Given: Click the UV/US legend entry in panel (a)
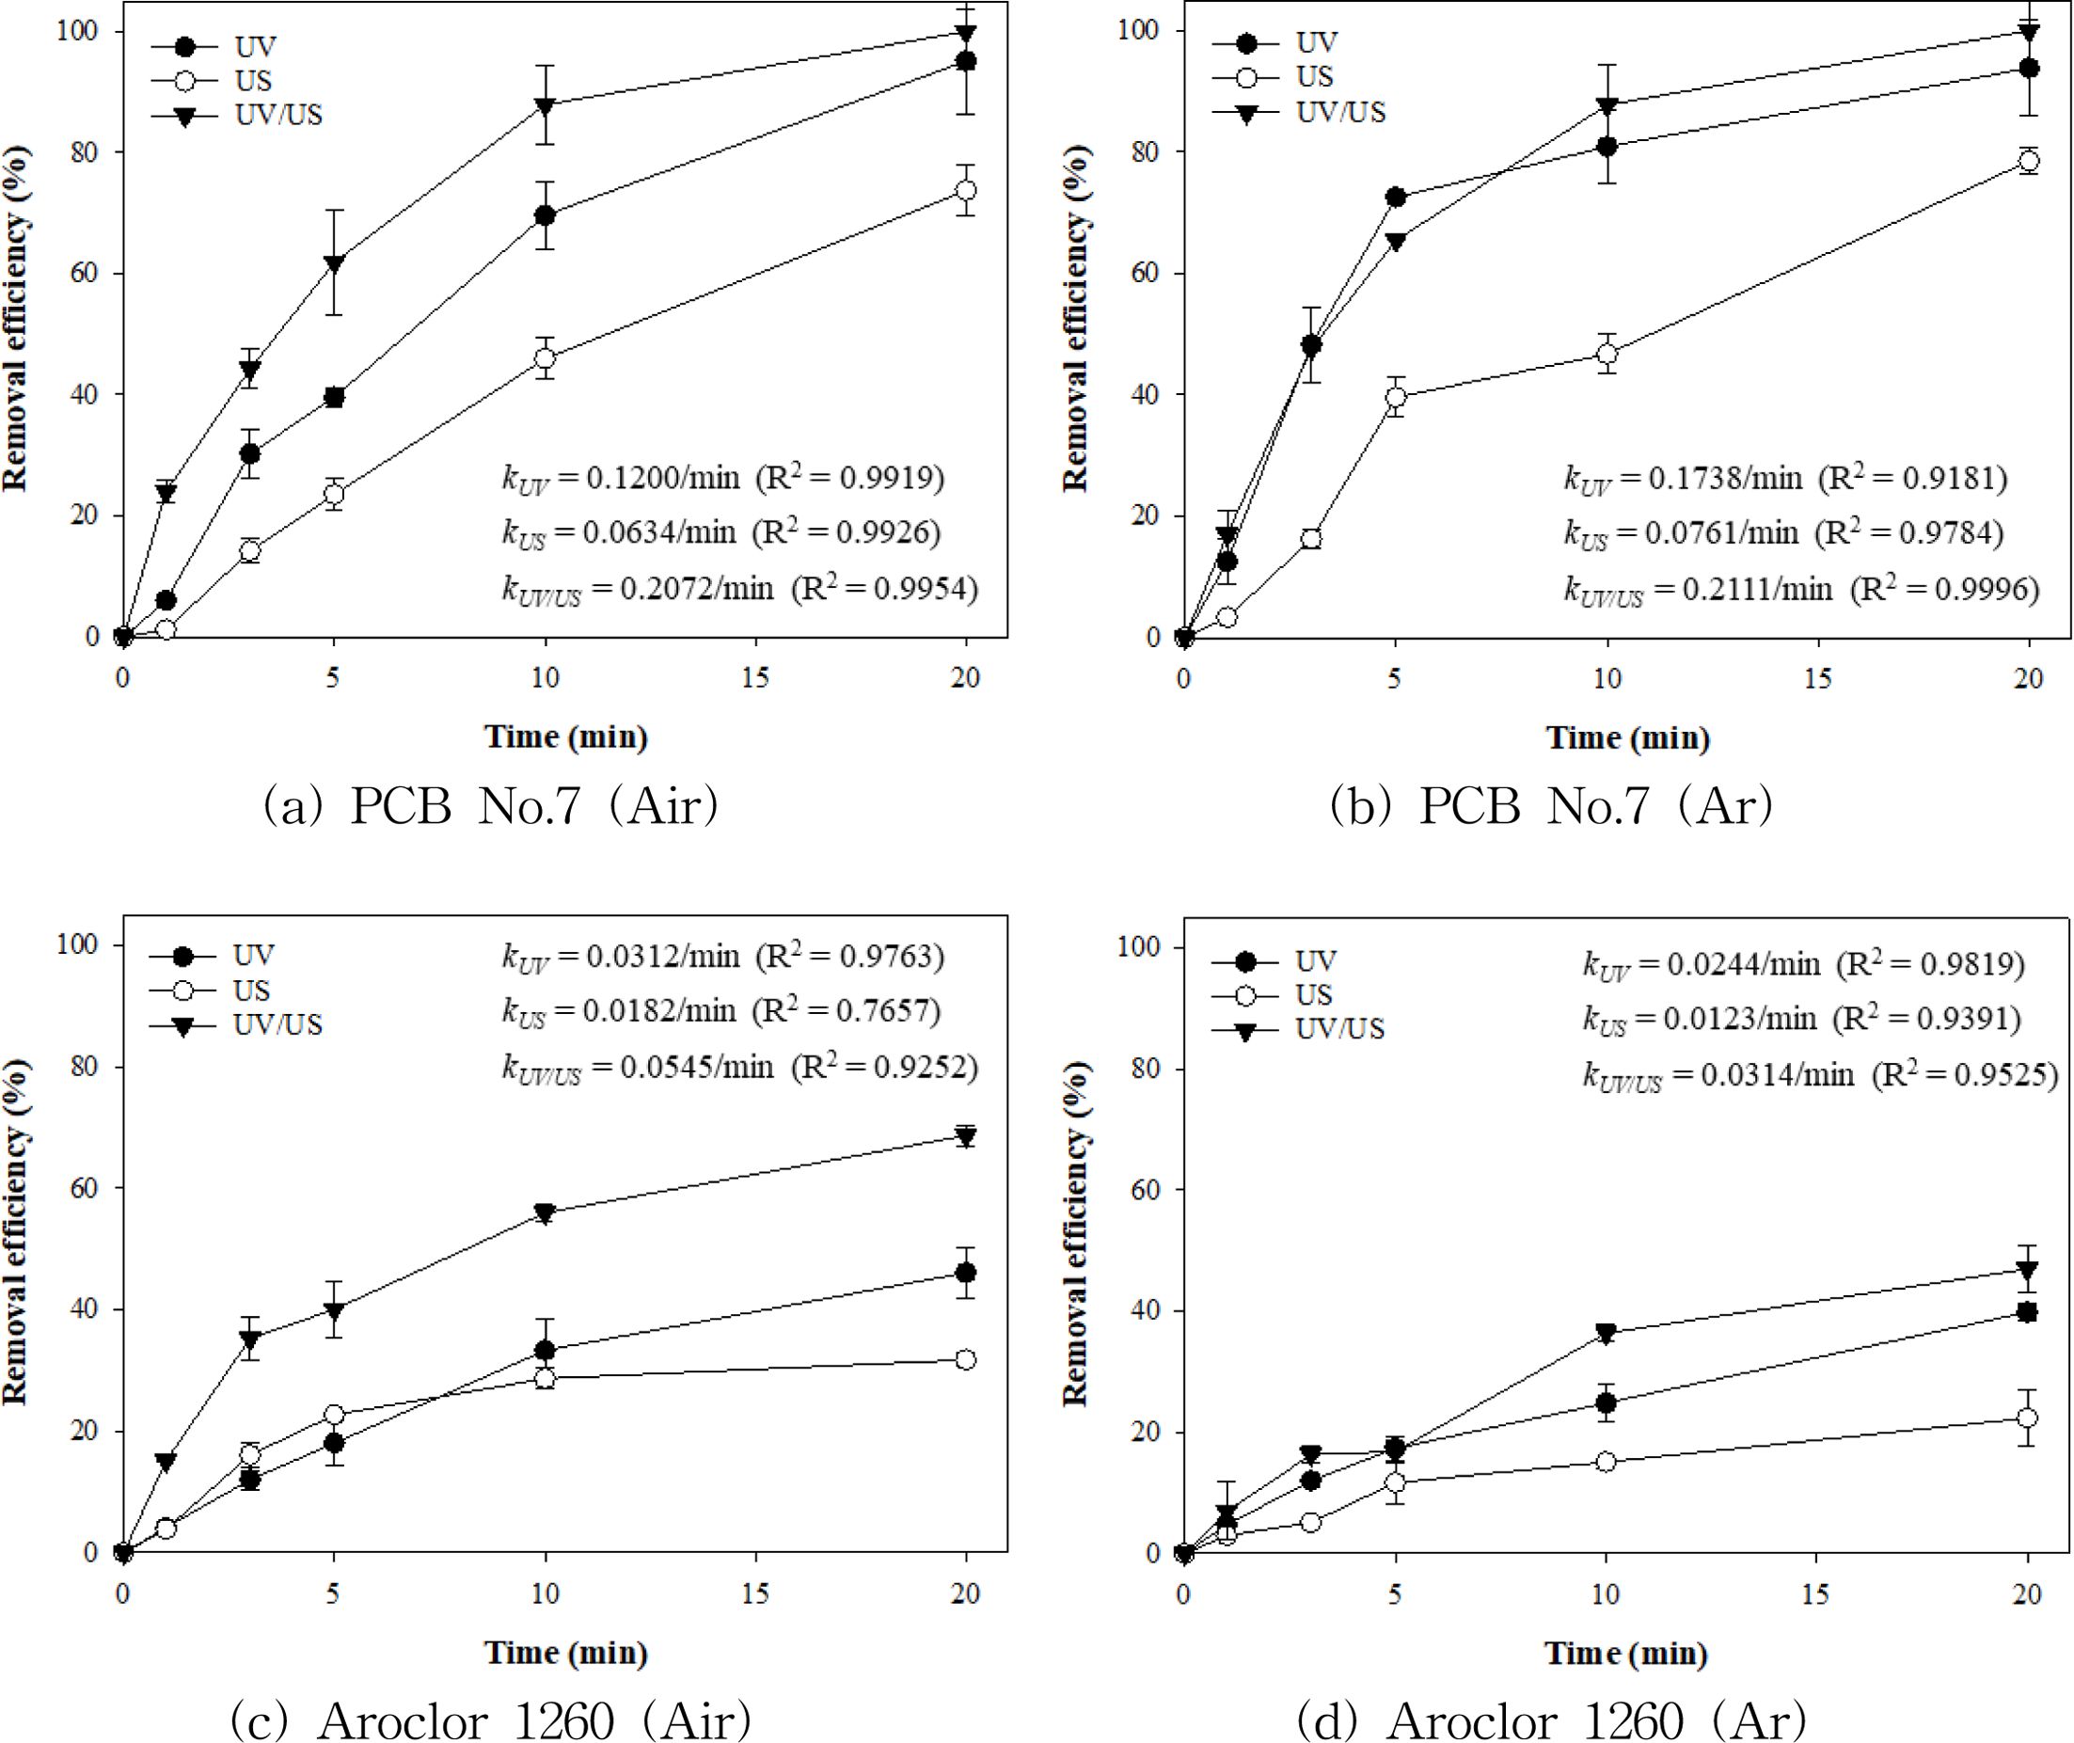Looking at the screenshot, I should [277, 115].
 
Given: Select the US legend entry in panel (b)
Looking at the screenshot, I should [1315, 76].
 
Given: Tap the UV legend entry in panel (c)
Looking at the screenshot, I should [254, 956].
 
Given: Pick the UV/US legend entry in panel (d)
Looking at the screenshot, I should [1338, 1029].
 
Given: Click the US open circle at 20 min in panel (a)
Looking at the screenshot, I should [966, 190].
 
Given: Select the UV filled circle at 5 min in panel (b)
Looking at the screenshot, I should [1395, 197].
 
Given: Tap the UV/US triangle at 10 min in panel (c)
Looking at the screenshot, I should [545, 1213].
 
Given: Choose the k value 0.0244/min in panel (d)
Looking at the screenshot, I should [1743, 964].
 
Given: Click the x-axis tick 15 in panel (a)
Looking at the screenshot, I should [756, 678].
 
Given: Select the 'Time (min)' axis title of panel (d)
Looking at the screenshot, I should [1626, 1652].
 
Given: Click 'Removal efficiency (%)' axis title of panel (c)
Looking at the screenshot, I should [18, 1231].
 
